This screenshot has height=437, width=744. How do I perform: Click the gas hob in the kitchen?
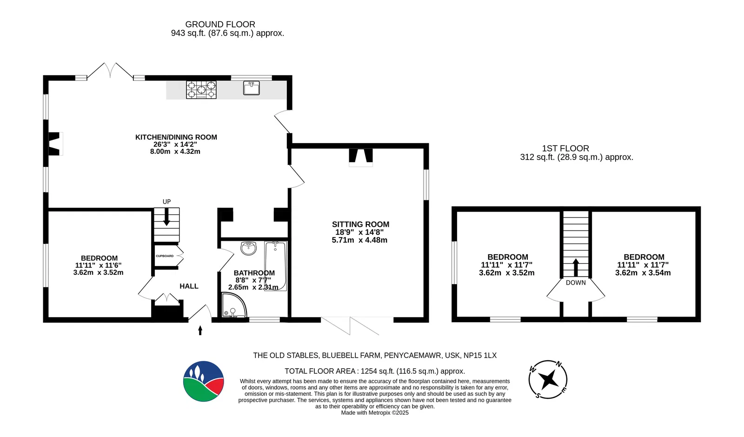[201, 90]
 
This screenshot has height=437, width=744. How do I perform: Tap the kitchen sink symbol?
[252, 88]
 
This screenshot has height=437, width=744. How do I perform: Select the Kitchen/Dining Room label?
[176, 137]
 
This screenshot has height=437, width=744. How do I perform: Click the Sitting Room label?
[361, 225]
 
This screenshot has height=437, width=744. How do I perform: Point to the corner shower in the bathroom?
[234, 305]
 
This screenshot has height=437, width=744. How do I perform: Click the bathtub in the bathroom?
[275, 266]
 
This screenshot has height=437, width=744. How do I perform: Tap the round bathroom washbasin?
[248, 248]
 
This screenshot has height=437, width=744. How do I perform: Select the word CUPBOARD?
[165, 256]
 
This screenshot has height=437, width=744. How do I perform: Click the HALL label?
[189, 286]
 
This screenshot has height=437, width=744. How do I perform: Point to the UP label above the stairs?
[167, 202]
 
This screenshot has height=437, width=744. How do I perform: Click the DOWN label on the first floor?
[576, 283]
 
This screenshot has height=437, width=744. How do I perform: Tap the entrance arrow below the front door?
[200, 331]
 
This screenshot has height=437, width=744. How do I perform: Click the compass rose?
[548, 379]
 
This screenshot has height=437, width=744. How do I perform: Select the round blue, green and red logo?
[203, 381]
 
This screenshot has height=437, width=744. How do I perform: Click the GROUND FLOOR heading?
[220, 24]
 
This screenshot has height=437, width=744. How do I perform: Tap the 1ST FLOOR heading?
[565, 148]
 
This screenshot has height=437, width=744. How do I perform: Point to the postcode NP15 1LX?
[480, 355]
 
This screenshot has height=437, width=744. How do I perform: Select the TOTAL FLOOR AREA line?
[375, 371]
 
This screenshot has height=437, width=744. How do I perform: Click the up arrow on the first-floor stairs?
[576, 267]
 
